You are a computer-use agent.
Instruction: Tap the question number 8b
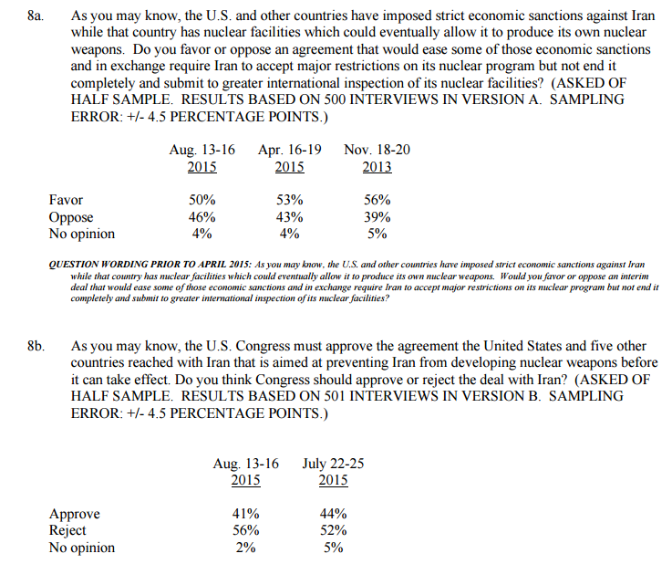[x=37, y=347]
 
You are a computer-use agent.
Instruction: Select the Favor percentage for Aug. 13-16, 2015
[x=202, y=200]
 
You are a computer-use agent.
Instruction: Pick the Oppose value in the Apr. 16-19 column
[x=289, y=217]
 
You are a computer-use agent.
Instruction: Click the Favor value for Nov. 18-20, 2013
[x=377, y=200]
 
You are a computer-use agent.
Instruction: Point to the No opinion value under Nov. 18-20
[x=377, y=234]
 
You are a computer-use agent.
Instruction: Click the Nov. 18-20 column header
[x=377, y=150]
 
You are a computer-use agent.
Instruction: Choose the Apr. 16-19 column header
[x=290, y=150]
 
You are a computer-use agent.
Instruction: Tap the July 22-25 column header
[x=334, y=464]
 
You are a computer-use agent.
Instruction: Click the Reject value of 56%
[x=246, y=530]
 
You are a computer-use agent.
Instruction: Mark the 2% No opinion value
[x=246, y=548]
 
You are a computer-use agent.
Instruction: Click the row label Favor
[x=66, y=200]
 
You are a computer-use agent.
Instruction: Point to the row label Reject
[x=67, y=530]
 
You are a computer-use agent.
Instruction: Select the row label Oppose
[x=71, y=217]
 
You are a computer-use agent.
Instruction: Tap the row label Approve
[x=75, y=514]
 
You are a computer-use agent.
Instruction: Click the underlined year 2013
[x=377, y=167]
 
